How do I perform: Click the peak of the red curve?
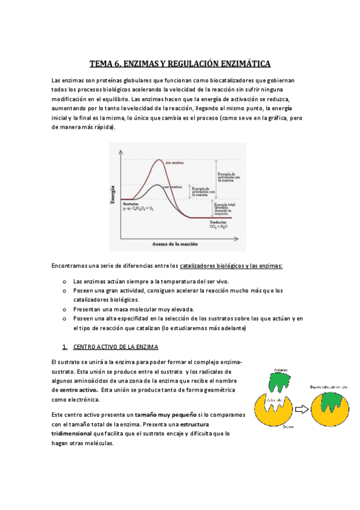point(159,159)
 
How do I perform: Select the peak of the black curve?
point(156,185)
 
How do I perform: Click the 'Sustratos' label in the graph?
point(132,204)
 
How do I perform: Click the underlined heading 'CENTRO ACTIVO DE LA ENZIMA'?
point(115,348)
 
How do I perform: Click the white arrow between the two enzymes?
point(300,411)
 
